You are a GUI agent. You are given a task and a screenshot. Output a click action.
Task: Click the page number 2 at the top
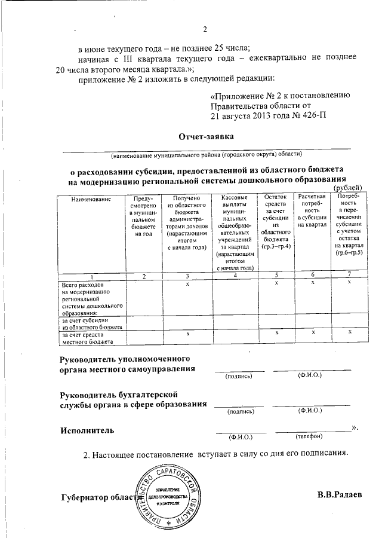point(204,30)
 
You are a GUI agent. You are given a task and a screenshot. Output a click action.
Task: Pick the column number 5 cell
point(276,276)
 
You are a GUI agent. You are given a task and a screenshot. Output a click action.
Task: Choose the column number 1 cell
point(93,276)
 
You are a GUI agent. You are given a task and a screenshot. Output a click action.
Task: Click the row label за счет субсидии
point(93,323)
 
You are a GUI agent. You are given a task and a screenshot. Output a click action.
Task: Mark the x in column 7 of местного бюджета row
point(349,331)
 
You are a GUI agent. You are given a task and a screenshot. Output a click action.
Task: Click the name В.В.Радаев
point(339,495)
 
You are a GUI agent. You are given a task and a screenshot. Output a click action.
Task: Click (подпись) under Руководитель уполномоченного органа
point(239,377)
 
